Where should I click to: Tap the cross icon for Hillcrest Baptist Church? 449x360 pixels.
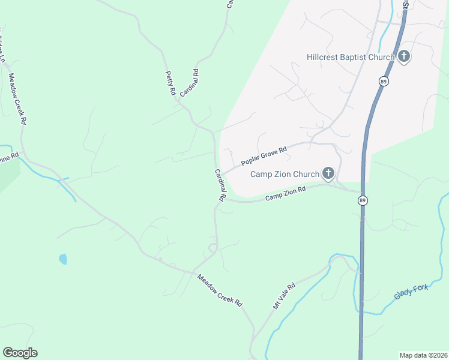[404, 57]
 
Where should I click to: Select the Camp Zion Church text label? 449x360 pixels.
[285, 175]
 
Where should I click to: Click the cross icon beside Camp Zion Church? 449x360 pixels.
[328, 175]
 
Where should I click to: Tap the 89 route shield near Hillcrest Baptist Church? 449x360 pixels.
[382, 80]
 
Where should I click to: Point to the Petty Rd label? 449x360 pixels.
[170, 83]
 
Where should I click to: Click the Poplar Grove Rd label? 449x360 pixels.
[265, 155]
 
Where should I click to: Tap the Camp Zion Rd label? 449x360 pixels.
[286, 193]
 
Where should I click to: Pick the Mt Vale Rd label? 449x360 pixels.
[285, 296]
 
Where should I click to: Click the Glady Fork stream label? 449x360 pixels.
[411, 292]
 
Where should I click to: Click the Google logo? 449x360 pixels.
[20, 353]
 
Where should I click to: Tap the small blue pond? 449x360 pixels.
[63, 259]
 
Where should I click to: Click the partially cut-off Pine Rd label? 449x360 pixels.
[9, 158]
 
